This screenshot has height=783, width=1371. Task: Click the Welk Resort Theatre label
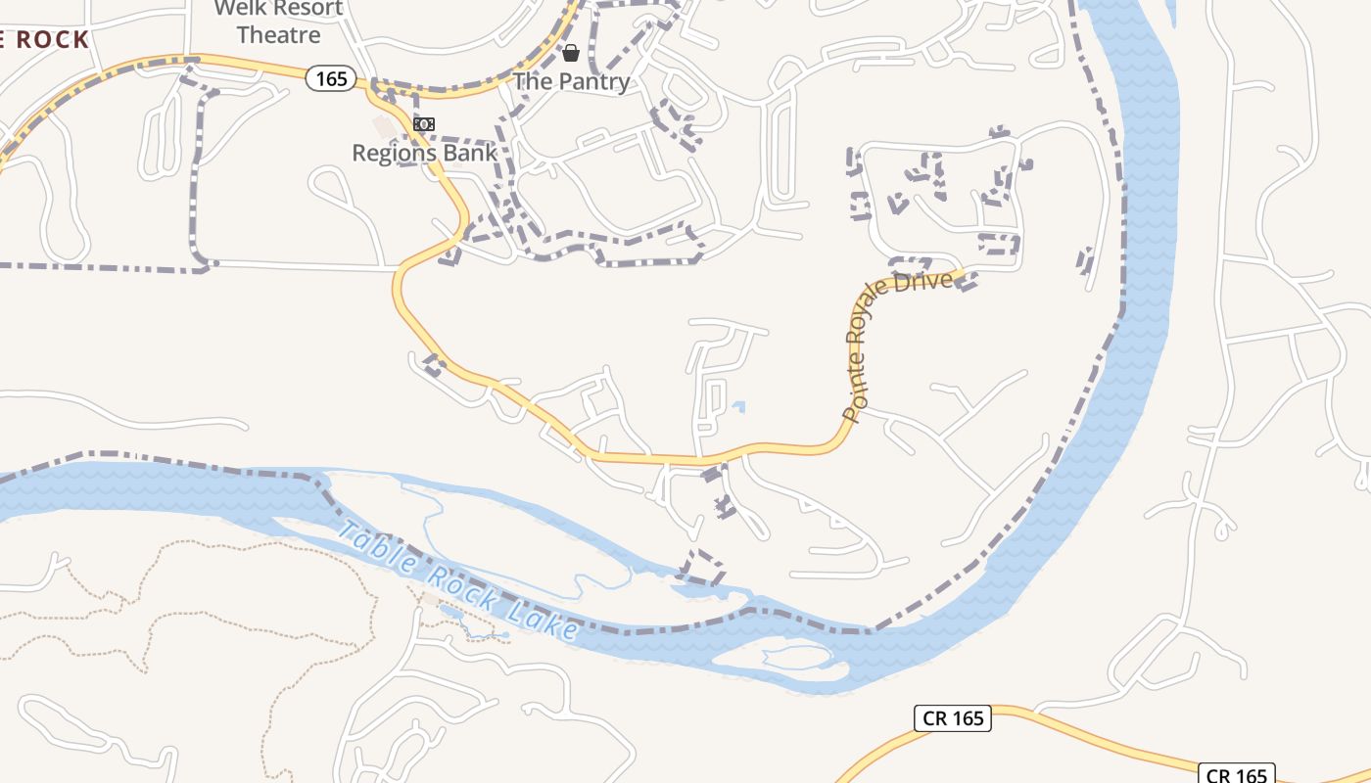click(279, 22)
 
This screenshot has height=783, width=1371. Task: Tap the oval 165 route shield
click(330, 78)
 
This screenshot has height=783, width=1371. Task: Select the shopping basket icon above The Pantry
click(570, 52)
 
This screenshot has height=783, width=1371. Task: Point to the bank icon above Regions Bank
click(424, 124)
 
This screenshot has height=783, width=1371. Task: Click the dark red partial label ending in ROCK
click(45, 40)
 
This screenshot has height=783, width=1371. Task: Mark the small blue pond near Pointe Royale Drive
click(738, 406)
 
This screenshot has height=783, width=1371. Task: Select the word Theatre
click(279, 35)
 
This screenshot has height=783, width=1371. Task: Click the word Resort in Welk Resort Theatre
click(307, 9)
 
